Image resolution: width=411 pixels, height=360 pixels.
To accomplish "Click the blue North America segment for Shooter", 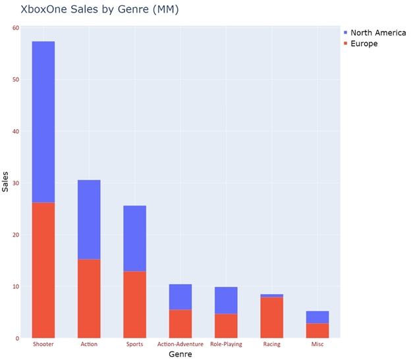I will (x=43, y=122).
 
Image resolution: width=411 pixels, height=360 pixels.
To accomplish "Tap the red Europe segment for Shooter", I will (x=43, y=270).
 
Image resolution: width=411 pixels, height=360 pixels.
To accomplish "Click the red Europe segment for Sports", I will (x=135, y=305).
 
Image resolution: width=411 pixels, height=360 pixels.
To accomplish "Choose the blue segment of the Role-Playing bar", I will (x=226, y=300).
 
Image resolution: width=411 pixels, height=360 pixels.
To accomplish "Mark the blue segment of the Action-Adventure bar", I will (x=180, y=297).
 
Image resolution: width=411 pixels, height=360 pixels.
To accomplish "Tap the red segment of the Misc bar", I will (x=317, y=330).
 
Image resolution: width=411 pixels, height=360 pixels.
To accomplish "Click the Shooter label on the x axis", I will (x=43, y=344).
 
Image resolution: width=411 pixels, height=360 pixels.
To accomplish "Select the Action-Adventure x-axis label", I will (x=180, y=344).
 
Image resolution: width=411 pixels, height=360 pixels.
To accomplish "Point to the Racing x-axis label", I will (x=272, y=344).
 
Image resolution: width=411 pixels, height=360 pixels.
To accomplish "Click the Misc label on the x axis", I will (x=317, y=344).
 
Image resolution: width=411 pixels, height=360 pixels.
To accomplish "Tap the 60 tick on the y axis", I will (x=16, y=28).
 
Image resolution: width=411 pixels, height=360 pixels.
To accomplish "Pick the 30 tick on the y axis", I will (x=16, y=183).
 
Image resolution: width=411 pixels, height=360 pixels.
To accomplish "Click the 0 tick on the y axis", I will (x=18, y=338).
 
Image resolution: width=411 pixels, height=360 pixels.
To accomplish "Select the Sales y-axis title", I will (x=6, y=181).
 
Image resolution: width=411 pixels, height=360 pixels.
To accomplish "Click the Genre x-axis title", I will (x=180, y=354).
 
